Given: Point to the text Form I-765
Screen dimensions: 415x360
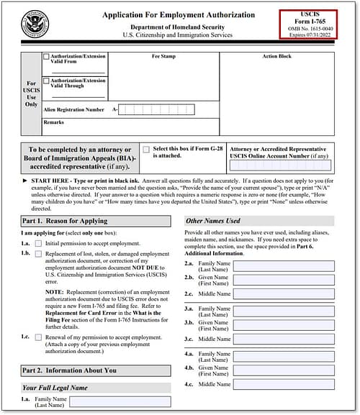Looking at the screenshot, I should [307, 20].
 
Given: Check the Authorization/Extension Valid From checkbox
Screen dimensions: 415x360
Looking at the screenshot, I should [47, 56].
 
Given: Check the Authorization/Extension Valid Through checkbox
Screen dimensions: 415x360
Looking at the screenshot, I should [47, 81].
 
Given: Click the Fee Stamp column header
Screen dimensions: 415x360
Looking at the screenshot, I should [164, 55].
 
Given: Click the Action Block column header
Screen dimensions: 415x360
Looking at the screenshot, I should [276, 55].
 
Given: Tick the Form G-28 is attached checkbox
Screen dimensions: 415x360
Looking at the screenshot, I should [146, 150].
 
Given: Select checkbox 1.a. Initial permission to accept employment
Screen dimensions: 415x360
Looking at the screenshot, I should [38, 244].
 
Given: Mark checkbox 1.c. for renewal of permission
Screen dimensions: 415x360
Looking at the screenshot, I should [38, 337].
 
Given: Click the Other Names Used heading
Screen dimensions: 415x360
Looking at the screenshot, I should [213, 221].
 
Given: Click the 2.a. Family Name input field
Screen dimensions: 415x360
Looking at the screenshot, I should [284, 266].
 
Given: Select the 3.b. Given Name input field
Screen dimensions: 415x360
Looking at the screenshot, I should [284, 324].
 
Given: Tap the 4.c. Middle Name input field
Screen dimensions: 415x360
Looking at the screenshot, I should [284, 384].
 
